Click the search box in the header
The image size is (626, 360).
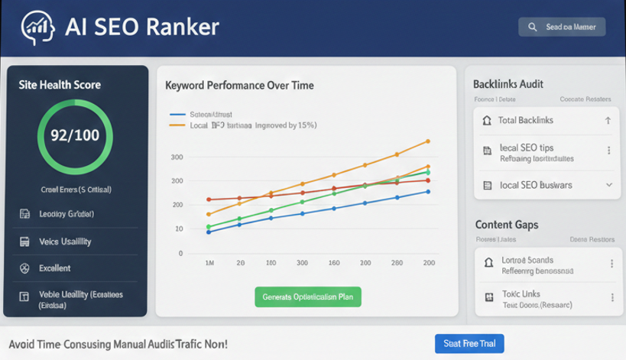(562, 28)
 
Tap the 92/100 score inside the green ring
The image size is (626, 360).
(74, 136)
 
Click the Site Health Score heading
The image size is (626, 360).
(60, 85)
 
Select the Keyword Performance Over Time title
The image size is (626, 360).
(239, 86)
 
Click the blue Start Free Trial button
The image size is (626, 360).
(469, 344)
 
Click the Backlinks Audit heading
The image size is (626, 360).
(508, 84)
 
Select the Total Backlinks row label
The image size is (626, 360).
(525, 121)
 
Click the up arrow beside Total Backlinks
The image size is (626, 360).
(608, 121)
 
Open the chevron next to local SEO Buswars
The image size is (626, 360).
(608, 185)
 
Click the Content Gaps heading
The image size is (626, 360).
(506, 225)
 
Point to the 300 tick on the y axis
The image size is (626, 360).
(177, 157)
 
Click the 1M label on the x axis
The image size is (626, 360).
(209, 263)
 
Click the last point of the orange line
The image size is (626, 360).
(428, 141)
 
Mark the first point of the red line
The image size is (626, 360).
(209, 199)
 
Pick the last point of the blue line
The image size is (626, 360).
(428, 192)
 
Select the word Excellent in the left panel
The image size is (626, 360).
(54, 268)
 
